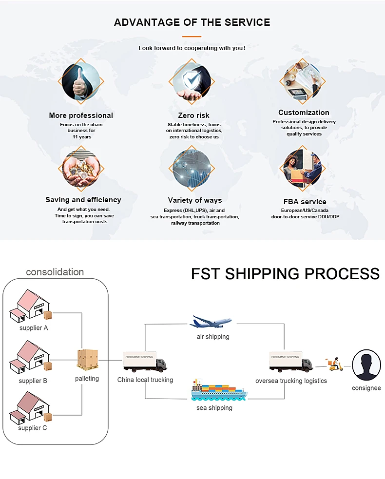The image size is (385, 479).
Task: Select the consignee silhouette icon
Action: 366,365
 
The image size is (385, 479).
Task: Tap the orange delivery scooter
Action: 334,364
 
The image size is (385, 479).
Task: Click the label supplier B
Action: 33,381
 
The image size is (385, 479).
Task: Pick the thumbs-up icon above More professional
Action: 80,81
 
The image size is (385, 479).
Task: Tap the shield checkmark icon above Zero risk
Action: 192,81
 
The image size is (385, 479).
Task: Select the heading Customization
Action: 304,113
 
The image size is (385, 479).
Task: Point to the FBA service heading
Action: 305,202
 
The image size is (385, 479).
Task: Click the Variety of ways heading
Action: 195,200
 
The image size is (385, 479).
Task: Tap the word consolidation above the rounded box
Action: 55,272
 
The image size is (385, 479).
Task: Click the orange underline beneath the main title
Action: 192,37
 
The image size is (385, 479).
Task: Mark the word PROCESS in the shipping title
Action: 342,274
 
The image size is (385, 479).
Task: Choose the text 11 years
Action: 81,137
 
